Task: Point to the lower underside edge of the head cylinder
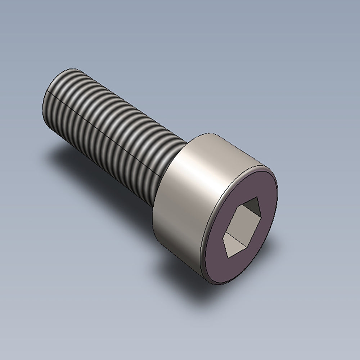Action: [x=173, y=252]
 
